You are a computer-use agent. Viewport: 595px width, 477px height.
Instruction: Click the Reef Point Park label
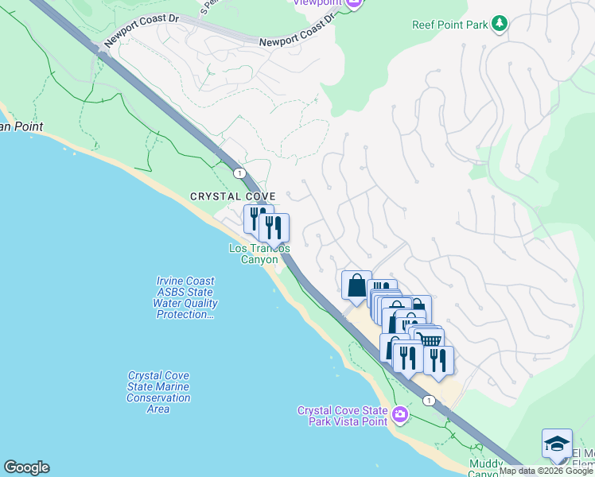(x=449, y=25)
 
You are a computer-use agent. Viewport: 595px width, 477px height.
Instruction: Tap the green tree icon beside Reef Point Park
(x=499, y=24)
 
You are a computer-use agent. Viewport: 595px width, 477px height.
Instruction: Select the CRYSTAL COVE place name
(x=232, y=196)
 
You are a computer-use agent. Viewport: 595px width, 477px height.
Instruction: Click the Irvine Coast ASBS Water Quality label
(x=186, y=297)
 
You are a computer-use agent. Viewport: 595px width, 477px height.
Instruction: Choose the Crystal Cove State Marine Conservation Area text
(x=158, y=392)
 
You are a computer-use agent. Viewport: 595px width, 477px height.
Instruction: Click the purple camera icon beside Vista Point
(x=399, y=414)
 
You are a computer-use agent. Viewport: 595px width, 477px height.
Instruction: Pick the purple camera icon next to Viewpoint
(x=355, y=2)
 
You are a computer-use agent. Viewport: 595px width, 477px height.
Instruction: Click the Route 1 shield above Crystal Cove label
(x=238, y=172)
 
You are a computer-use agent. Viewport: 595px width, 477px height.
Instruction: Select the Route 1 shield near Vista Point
(x=429, y=400)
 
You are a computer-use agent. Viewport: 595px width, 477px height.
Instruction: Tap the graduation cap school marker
(x=557, y=443)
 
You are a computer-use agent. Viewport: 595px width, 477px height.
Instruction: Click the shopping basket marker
(x=431, y=341)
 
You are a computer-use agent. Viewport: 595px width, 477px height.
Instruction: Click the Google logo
(x=26, y=467)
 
